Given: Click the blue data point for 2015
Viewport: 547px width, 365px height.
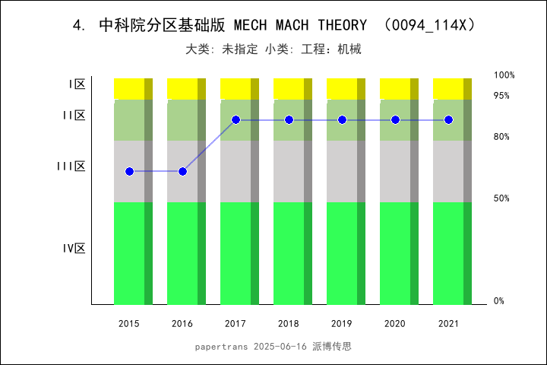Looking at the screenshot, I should click(x=129, y=171).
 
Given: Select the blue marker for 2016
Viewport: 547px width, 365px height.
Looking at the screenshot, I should click(x=182, y=171).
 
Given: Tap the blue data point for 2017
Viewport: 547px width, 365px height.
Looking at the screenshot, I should click(x=236, y=120).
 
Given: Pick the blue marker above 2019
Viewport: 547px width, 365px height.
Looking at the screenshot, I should click(x=342, y=120).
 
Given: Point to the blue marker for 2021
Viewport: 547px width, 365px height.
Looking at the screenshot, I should click(x=448, y=120).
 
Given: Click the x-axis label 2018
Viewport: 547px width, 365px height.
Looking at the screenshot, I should click(x=289, y=324).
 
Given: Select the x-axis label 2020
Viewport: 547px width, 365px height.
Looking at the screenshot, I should click(x=395, y=324).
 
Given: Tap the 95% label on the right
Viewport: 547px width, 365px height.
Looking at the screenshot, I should click(x=501, y=96).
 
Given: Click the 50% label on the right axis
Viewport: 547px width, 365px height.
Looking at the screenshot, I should click(x=501, y=198).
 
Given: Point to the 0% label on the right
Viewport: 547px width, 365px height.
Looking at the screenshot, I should click(x=499, y=301).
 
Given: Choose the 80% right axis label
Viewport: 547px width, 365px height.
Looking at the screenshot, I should click(x=501, y=137).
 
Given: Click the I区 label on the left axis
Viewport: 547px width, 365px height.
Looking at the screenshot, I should click(x=77, y=84).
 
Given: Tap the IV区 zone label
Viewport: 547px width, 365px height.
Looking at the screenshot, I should click(x=74, y=249).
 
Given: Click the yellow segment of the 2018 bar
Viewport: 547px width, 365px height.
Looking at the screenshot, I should click(x=285, y=88).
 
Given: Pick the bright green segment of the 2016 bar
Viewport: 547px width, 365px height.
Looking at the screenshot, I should click(x=179, y=253).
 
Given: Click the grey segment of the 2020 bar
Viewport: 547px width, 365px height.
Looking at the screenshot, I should click(x=391, y=171).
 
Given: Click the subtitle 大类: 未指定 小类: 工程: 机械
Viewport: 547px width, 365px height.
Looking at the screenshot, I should click(x=273, y=49).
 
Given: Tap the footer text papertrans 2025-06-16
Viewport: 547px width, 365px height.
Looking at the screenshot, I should click(x=251, y=346).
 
